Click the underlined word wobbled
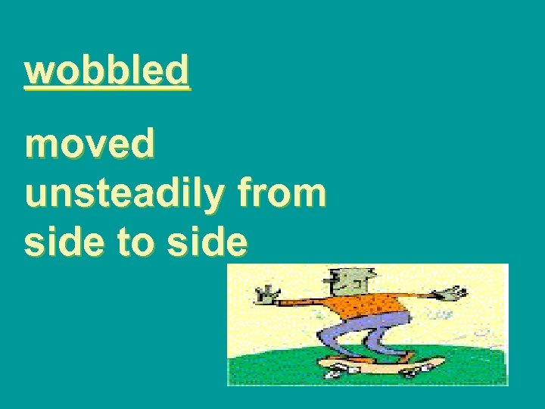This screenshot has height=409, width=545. click(107, 70)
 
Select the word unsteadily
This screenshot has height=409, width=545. click(121, 194)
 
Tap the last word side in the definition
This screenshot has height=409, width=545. click(208, 242)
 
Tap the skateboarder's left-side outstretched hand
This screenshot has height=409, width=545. click(266, 294)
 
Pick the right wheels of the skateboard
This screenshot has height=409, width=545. click(413, 372)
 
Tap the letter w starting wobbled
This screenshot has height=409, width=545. click(38, 70)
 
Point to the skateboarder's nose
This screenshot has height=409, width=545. click(334, 282)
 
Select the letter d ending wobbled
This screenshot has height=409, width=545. click(178, 70)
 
